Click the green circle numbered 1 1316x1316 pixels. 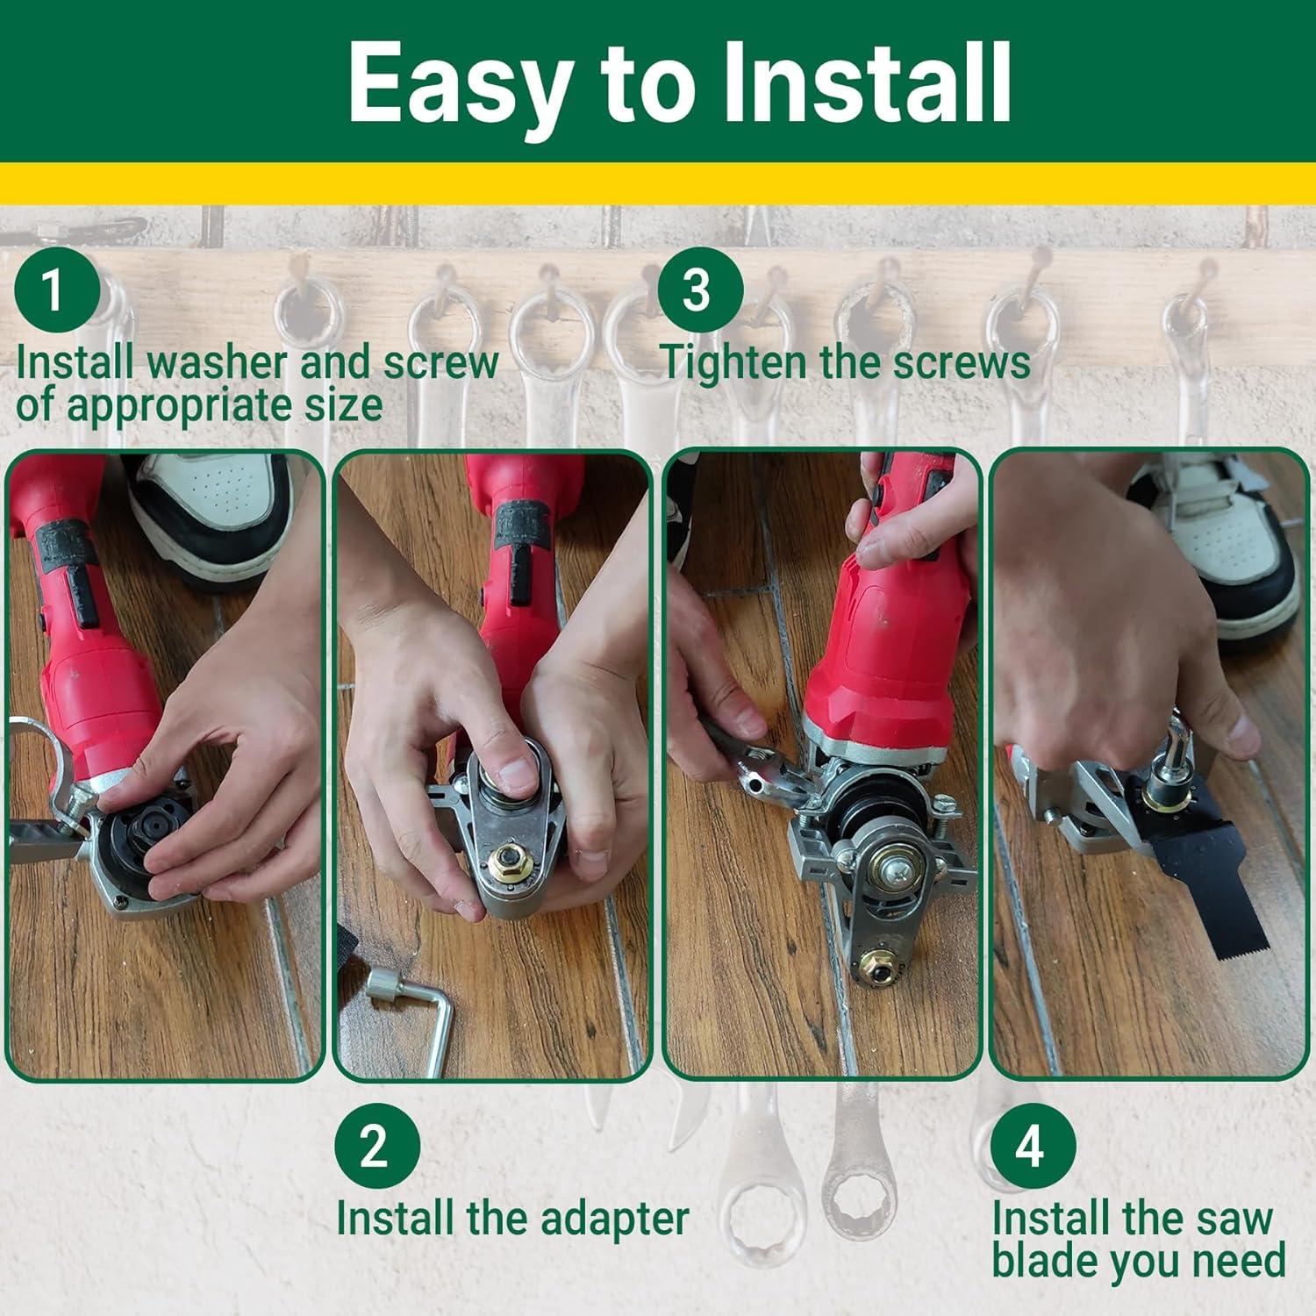[x=55, y=289]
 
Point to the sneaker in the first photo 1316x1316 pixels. [x=211, y=513]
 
